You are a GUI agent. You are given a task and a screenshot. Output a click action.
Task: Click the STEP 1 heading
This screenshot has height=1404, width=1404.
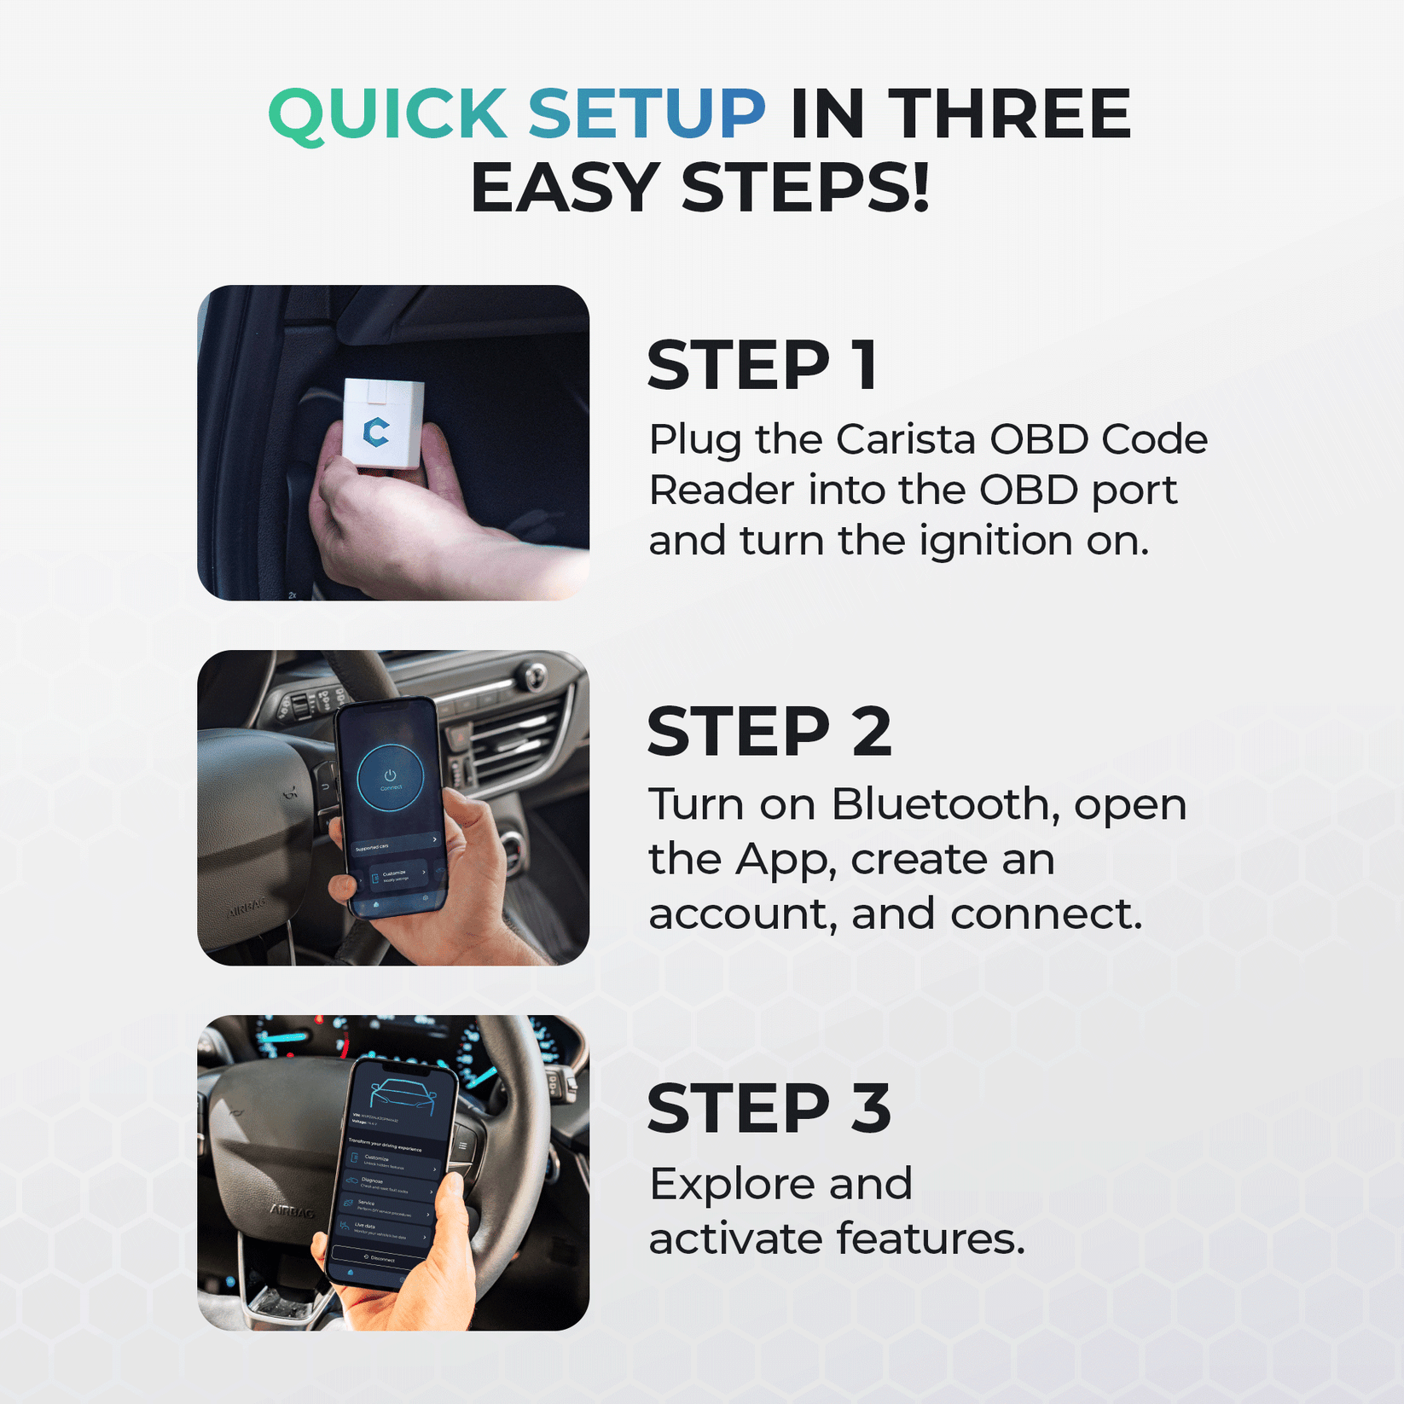[x=762, y=366]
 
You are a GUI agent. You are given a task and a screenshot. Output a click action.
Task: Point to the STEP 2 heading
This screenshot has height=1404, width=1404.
[x=769, y=732]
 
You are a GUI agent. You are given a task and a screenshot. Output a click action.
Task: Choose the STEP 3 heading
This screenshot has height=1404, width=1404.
[x=769, y=1109]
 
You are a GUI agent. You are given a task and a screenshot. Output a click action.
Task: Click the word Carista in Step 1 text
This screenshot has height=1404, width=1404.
[x=905, y=440]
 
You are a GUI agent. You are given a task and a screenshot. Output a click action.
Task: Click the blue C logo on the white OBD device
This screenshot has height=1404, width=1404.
[x=376, y=432]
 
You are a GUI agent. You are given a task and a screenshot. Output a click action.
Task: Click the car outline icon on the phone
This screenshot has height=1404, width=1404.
[x=403, y=1097]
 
